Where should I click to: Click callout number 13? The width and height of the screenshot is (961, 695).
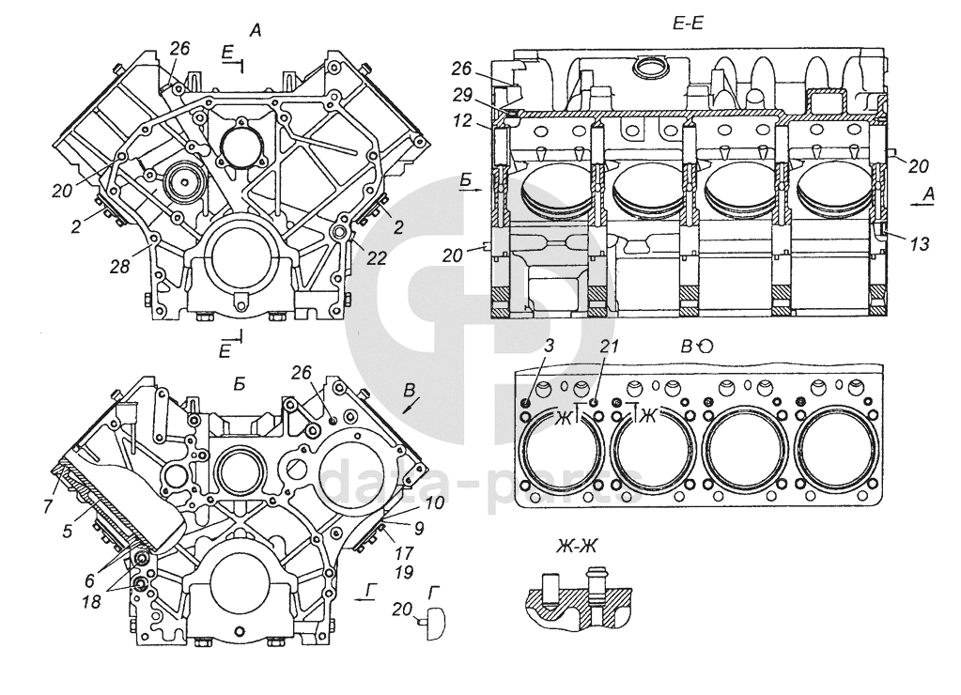(920, 244)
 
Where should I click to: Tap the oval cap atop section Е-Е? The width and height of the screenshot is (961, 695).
(650, 67)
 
